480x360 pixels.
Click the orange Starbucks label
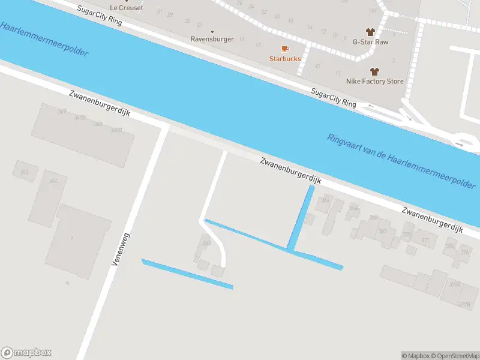tap(285, 59)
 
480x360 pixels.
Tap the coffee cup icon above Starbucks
tap(285, 49)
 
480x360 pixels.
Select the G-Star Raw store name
tap(370, 42)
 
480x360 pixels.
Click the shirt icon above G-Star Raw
tap(370, 32)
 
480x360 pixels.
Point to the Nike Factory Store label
tap(375, 81)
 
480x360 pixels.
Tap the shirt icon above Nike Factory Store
tap(375, 71)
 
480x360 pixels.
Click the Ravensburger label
tap(212, 40)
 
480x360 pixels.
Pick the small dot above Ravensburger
tap(212, 31)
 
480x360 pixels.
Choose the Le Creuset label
tap(127, 8)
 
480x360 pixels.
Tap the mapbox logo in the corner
tap(26, 353)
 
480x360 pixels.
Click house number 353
tap(206, 243)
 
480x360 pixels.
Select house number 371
tap(426, 240)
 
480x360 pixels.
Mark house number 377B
tap(464, 305)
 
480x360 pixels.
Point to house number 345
tap(25, 173)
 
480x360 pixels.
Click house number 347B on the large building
tap(80, 118)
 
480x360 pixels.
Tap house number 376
tap(464, 252)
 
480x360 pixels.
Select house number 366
tap(354, 208)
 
